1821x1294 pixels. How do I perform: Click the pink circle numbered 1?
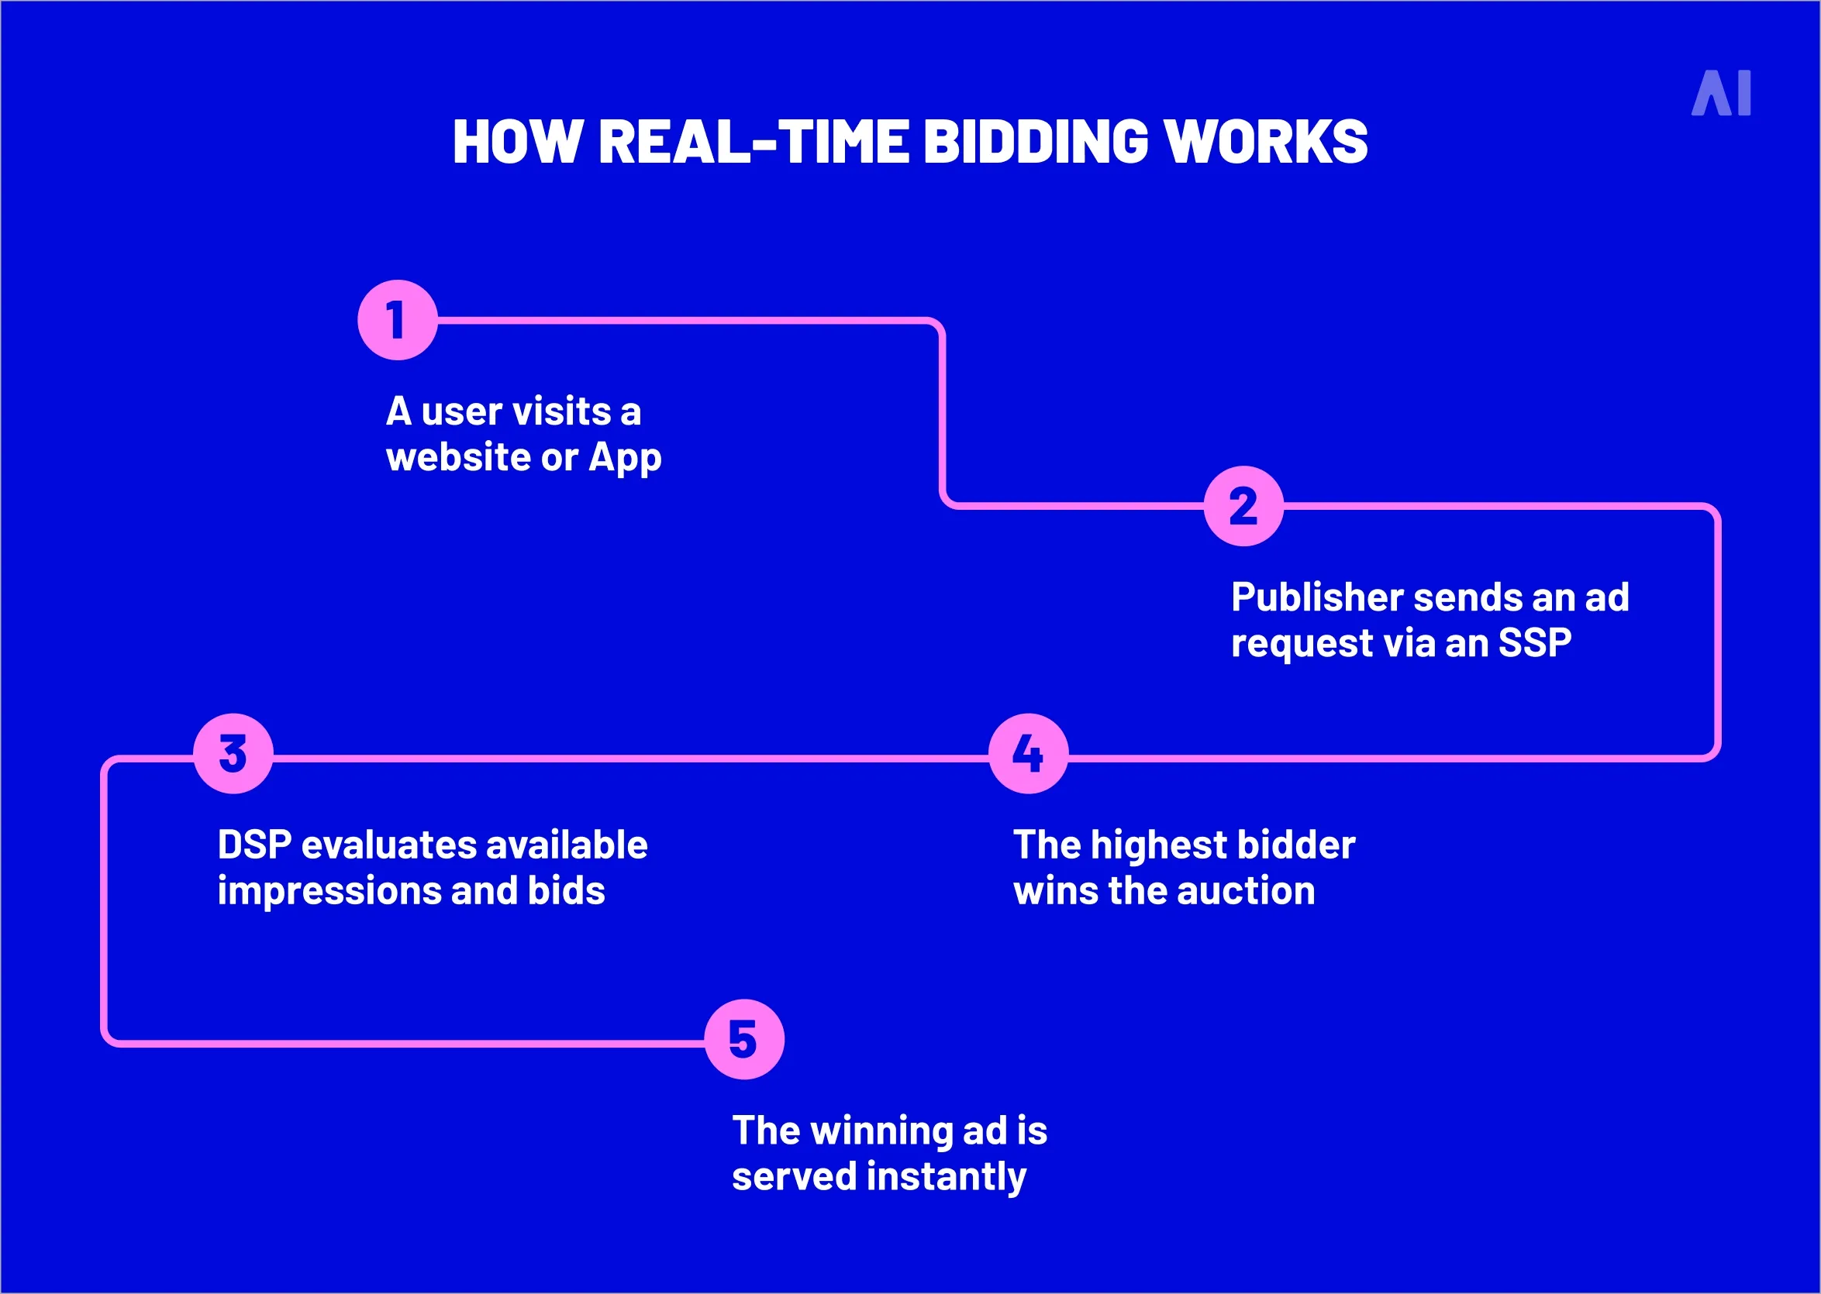398,319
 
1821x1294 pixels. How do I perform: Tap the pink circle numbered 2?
1243,506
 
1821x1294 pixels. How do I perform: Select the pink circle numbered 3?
233,753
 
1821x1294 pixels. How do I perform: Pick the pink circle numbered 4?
1028,753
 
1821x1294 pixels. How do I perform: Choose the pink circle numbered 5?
744,1039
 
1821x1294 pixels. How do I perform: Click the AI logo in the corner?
1721,93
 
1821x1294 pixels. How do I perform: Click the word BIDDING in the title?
1035,142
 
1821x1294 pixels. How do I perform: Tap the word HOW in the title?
516,142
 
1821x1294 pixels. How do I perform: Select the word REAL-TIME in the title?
753,142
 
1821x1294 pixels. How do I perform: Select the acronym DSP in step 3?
254,845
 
